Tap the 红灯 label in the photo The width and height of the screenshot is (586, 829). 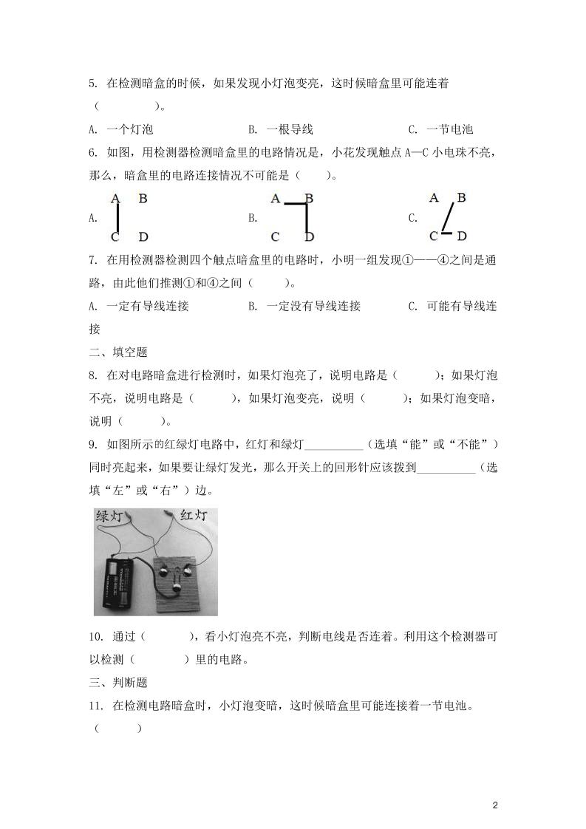click(194, 514)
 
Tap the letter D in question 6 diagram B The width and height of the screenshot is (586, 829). click(309, 237)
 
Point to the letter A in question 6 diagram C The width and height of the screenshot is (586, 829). click(435, 198)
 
